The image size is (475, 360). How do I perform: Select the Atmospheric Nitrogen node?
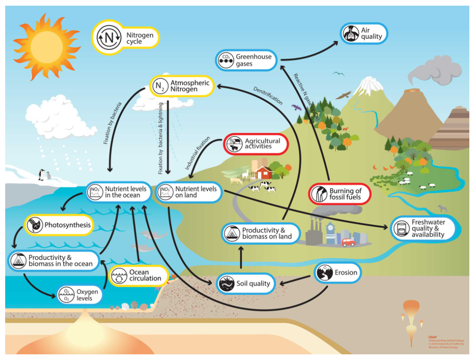(182, 86)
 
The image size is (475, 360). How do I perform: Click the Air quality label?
(364, 33)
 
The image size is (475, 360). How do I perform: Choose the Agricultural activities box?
(255, 144)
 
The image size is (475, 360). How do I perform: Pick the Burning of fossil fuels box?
(340, 194)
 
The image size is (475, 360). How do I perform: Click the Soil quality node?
(245, 284)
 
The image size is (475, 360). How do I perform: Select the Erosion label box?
(338, 273)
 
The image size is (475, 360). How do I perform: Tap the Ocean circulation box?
(139, 276)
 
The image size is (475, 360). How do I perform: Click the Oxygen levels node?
(79, 295)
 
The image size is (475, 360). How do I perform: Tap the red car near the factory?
(349, 243)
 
